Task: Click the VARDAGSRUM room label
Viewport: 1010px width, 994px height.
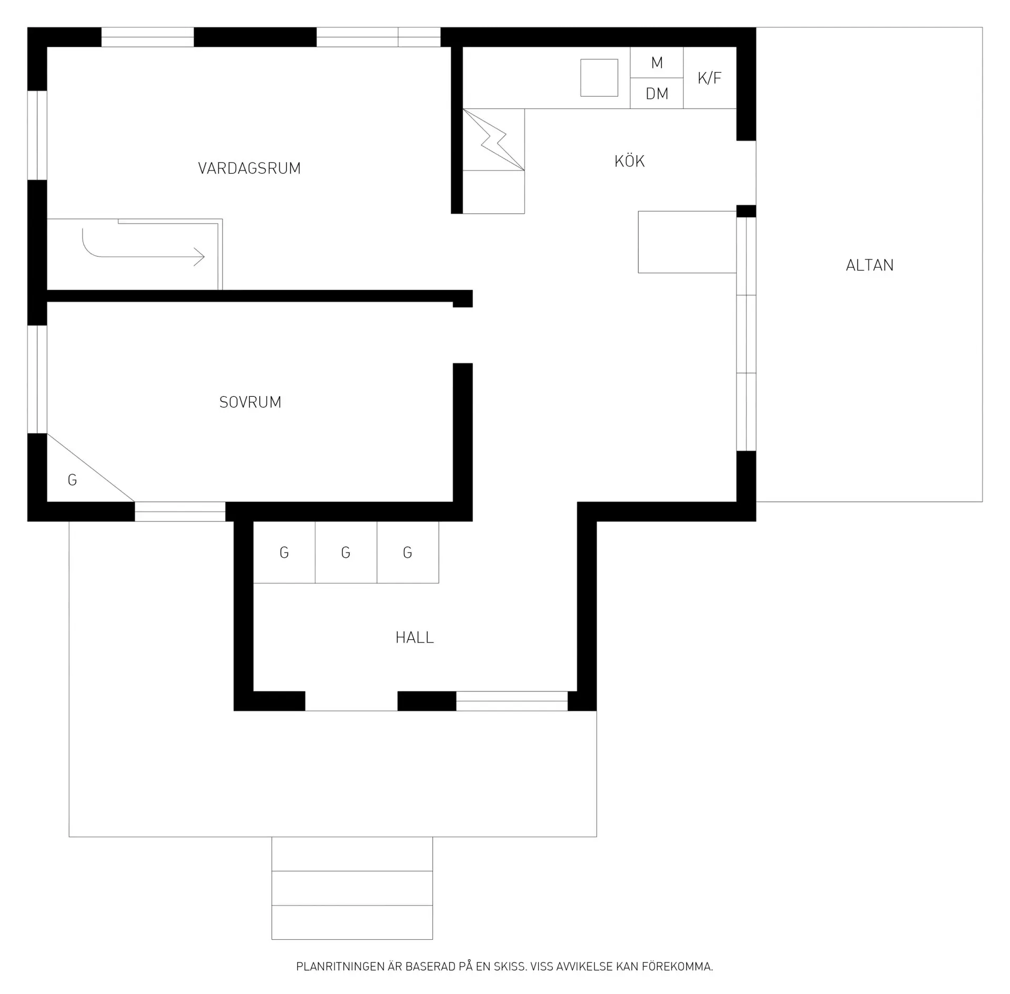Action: coord(249,168)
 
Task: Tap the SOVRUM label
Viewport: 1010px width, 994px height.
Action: coord(250,403)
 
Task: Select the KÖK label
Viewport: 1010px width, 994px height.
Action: coord(630,160)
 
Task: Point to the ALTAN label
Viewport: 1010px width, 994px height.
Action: coord(870,265)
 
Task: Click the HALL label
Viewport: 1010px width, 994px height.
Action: coord(415,638)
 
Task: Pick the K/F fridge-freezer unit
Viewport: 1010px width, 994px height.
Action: coord(710,78)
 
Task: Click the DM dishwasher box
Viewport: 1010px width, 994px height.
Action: coord(657,94)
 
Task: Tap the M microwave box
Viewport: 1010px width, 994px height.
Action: coord(657,63)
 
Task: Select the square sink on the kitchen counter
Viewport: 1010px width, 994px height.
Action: coord(599,78)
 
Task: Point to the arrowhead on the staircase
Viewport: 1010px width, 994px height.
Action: coord(199,257)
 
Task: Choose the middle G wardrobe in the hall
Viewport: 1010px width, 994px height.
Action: coord(346,553)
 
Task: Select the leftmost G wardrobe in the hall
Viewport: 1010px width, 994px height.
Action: coord(284,553)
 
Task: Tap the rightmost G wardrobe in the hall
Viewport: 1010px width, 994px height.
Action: coord(408,553)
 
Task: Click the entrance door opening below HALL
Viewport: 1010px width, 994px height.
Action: coord(351,701)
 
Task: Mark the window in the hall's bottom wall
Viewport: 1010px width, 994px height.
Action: coord(512,701)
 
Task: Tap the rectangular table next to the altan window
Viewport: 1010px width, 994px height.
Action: coord(687,242)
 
